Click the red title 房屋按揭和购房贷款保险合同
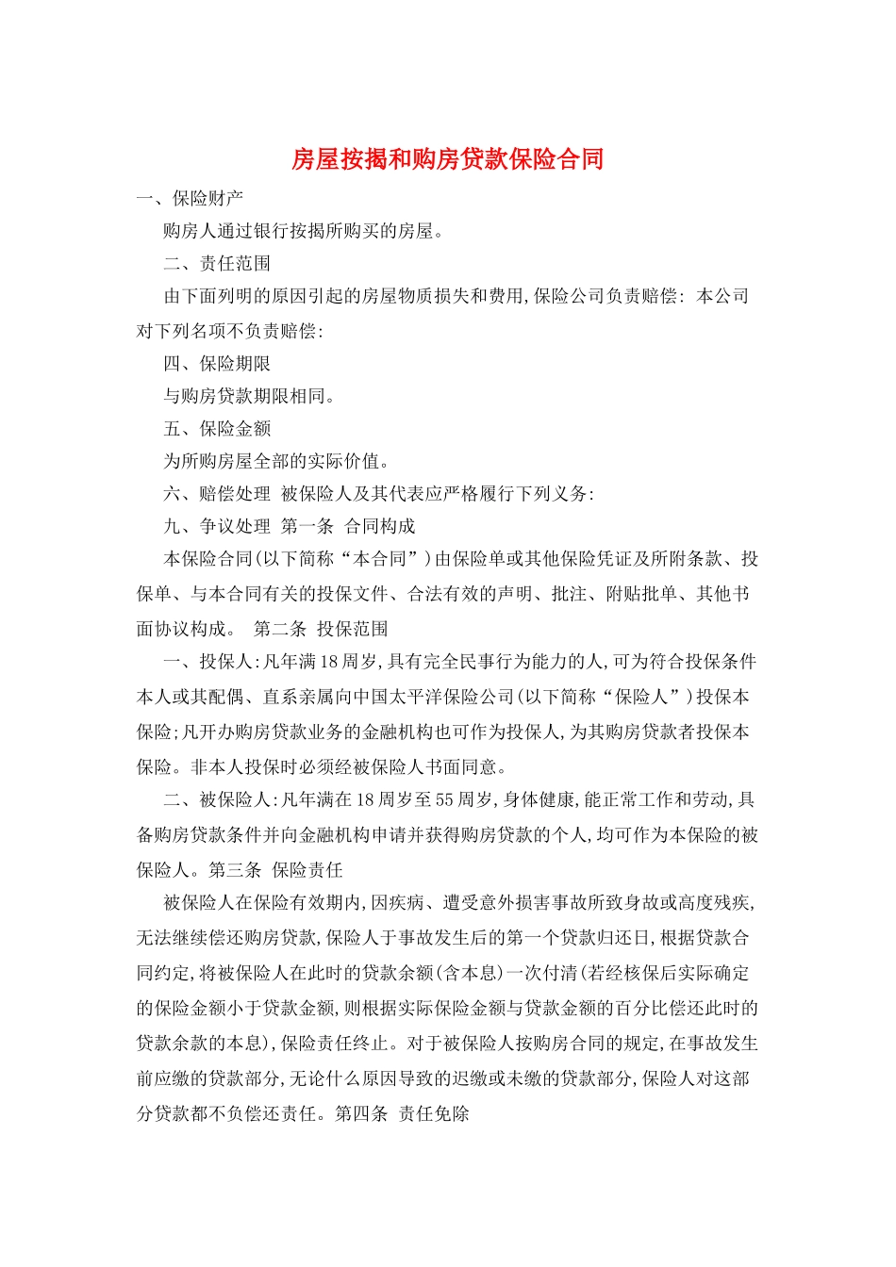point(447,158)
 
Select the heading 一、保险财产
point(191,198)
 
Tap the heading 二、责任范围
point(217,263)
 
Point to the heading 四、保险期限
point(217,363)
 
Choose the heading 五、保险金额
point(217,428)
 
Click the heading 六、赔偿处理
point(217,493)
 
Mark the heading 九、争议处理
point(217,526)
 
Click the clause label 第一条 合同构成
point(348,526)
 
